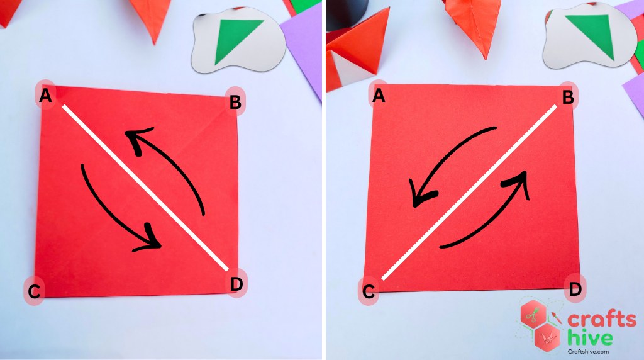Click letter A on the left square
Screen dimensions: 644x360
(45, 96)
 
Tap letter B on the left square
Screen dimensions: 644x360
(235, 102)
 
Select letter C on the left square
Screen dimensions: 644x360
(35, 291)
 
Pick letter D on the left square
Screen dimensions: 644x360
(236, 284)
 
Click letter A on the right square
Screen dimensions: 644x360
(378, 96)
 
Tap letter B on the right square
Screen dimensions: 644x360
(568, 98)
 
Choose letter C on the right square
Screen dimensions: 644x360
(369, 291)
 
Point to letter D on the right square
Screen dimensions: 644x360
(575, 289)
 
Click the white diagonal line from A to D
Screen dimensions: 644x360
(145, 188)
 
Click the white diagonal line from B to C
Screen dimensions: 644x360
(469, 193)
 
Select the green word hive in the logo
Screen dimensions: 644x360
(590, 337)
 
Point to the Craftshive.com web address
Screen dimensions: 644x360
(588, 351)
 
